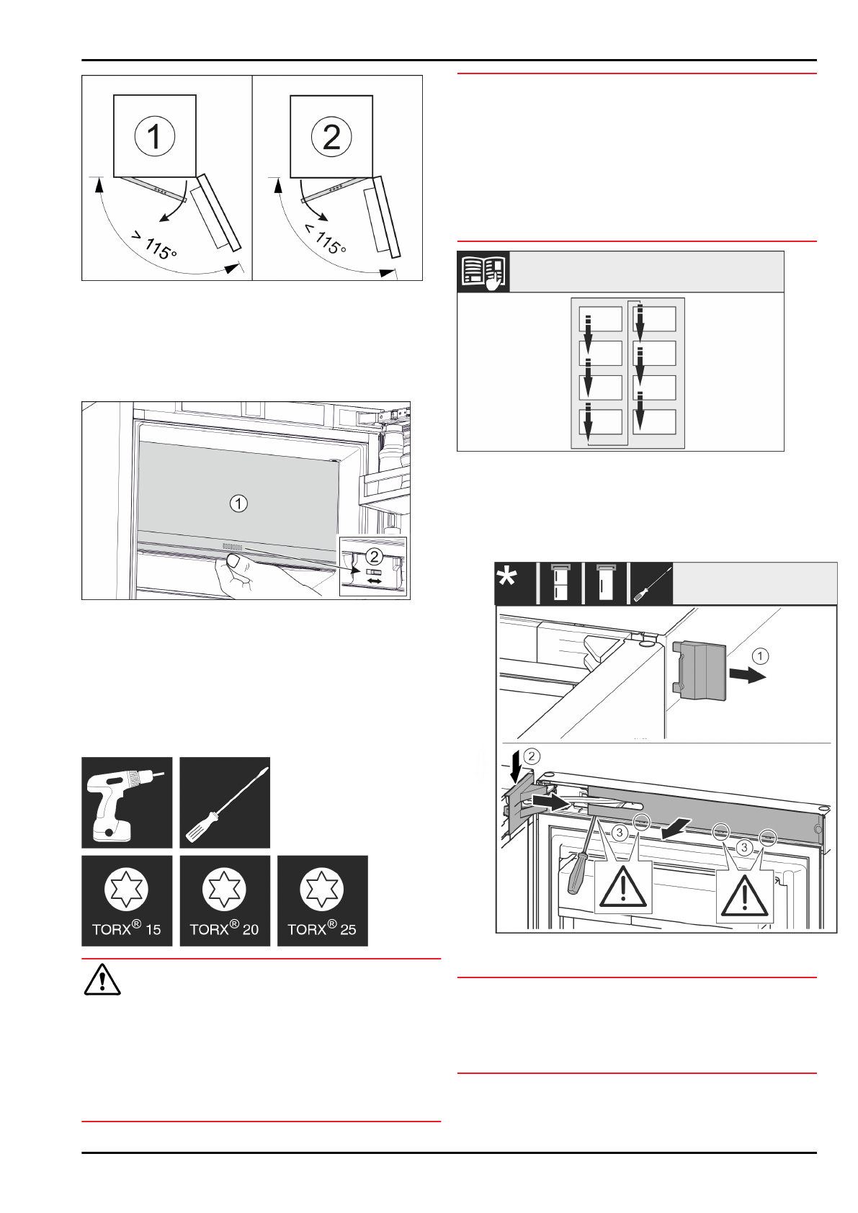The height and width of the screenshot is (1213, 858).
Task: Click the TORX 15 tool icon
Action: point(127,900)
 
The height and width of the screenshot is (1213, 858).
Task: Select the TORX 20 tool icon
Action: point(225,900)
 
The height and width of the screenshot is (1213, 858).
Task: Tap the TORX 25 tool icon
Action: point(322,900)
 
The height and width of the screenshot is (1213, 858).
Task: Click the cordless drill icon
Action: point(127,802)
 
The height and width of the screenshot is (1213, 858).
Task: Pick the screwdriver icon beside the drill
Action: point(225,802)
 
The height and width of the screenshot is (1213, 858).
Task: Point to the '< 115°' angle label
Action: point(325,239)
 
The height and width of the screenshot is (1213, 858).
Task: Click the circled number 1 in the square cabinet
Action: point(155,136)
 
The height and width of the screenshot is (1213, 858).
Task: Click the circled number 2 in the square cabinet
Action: point(331,136)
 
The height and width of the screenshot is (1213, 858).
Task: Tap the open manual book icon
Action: point(483,272)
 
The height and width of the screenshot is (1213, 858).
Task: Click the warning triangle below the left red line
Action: point(102,980)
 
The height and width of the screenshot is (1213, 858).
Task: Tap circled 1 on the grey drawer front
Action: point(238,503)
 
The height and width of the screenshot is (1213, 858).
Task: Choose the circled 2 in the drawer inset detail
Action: point(374,556)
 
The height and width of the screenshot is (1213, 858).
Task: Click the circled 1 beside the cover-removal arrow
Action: point(760,656)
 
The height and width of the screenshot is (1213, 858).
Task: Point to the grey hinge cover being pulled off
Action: point(701,670)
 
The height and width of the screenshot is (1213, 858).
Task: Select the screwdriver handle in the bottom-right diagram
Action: point(578,874)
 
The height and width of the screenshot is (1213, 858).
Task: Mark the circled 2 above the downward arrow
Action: point(531,756)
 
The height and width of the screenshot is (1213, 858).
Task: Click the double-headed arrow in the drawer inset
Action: point(375,581)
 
